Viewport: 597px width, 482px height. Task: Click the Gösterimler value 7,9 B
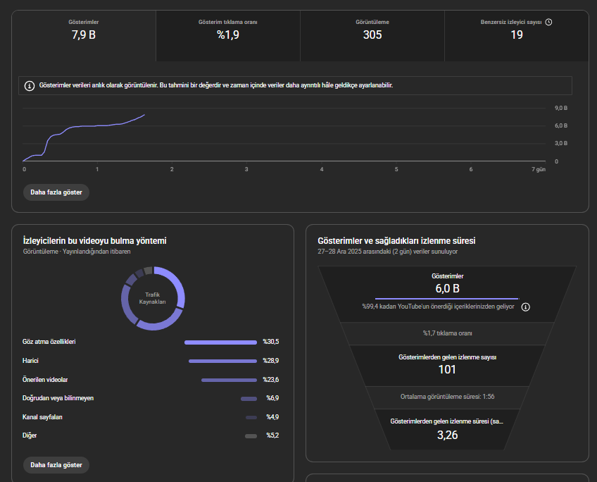tap(84, 35)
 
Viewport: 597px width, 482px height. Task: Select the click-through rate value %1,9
tap(228, 35)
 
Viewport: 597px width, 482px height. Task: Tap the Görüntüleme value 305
tap(372, 35)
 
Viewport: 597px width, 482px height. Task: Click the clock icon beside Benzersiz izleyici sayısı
tap(548, 22)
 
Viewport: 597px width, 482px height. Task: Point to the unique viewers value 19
tap(517, 35)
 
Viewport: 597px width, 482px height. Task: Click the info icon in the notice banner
tap(30, 86)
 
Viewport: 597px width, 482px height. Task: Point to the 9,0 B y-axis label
tap(561, 109)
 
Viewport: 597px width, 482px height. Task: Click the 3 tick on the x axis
tap(246, 169)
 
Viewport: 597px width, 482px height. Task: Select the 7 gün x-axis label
tap(539, 169)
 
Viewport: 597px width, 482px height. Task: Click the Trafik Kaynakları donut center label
tap(152, 298)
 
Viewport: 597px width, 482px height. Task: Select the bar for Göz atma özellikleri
tap(220, 342)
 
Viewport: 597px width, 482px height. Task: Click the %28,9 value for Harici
tap(271, 361)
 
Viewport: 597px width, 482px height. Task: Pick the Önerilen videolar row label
tap(45, 380)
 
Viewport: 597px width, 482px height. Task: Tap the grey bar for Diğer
tap(251, 436)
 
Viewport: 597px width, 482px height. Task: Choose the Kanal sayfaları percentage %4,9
tap(272, 417)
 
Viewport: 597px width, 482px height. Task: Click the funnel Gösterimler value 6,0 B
tap(447, 288)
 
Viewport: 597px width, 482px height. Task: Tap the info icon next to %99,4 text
tap(525, 307)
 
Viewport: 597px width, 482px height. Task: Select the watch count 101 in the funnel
tap(447, 369)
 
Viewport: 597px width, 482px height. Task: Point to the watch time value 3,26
tap(447, 435)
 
